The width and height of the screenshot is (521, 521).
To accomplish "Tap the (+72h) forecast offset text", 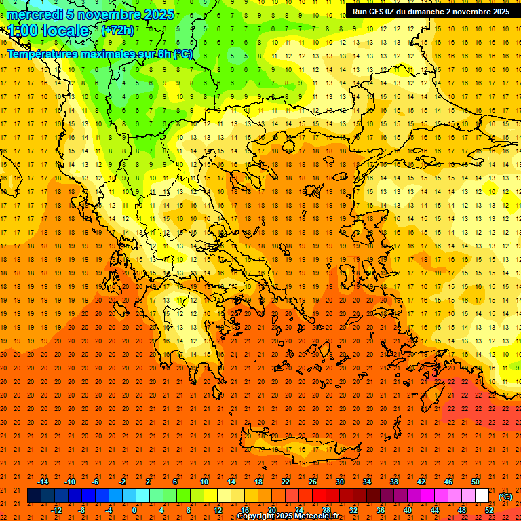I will [117, 30].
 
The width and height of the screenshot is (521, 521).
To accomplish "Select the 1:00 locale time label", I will [48, 31].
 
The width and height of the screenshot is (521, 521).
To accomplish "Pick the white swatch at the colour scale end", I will [482, 496].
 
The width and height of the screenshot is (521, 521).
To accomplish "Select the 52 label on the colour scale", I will [489, 510].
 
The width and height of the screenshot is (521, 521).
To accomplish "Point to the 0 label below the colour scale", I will [134, 510].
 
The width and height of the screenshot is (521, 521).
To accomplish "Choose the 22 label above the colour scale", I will [286, 481].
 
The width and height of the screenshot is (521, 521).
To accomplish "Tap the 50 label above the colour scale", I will [476, 481].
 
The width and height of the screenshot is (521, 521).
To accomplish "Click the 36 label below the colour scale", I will [380, 510].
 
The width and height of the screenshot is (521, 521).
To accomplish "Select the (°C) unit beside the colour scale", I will [505, 496].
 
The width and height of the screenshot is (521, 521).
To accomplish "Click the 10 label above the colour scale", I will [204, 481].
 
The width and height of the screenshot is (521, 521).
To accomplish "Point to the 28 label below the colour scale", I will [326, 510].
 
